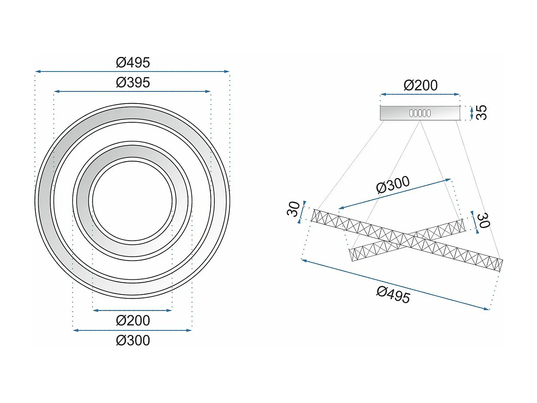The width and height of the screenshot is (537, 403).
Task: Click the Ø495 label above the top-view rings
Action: click(x=133, y=62)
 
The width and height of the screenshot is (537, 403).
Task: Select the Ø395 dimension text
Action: click(x=133, y=82)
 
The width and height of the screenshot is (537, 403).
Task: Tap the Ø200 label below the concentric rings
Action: click(x=133, y=320)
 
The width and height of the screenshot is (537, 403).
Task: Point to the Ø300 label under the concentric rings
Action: click(x=133, y=340)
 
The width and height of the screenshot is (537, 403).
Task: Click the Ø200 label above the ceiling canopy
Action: click(x=420, y=85)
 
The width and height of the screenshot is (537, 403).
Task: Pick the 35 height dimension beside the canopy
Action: click(x=482, y=112)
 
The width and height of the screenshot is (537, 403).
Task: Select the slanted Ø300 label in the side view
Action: click(x=393, y=184)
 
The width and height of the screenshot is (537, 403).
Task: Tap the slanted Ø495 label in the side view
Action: click(x=393, y=295)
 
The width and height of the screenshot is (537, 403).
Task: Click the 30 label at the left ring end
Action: click(x=293, y=209)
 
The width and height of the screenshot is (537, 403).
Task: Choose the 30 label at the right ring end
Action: click(x=484, y=220)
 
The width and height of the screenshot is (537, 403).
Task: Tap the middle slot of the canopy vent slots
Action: click(x=420, y=113)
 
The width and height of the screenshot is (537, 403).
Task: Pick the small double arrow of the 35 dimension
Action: click(x=471, y=113)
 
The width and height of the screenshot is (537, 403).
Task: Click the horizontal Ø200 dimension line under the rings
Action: click(x=132, y=310)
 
